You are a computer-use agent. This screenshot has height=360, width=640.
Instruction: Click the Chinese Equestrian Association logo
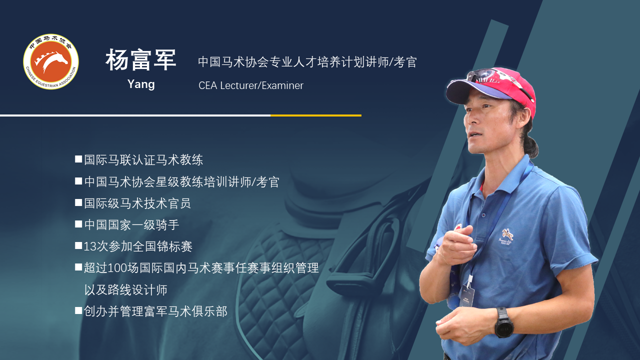51,61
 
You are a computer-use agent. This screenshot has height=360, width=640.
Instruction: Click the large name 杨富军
141,59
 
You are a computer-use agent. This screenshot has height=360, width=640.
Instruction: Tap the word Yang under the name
141,84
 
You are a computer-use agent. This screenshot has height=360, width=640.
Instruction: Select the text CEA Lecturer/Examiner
251,85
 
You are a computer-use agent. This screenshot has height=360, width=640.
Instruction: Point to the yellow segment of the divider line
316,115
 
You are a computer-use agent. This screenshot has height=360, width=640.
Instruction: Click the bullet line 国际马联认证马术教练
143,159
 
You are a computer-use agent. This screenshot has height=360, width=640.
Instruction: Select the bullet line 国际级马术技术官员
137,203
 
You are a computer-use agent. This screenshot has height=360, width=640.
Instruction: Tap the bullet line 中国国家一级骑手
131,225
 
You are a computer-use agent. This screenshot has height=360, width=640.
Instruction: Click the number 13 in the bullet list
89,246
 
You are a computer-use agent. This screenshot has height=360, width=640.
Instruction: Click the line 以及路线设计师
125,289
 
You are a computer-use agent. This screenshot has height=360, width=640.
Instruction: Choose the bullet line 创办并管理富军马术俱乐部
155,311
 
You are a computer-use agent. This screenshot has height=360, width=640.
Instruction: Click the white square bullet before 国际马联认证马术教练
78,159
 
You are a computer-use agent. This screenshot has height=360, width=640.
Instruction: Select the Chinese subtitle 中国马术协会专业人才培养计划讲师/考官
307,61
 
